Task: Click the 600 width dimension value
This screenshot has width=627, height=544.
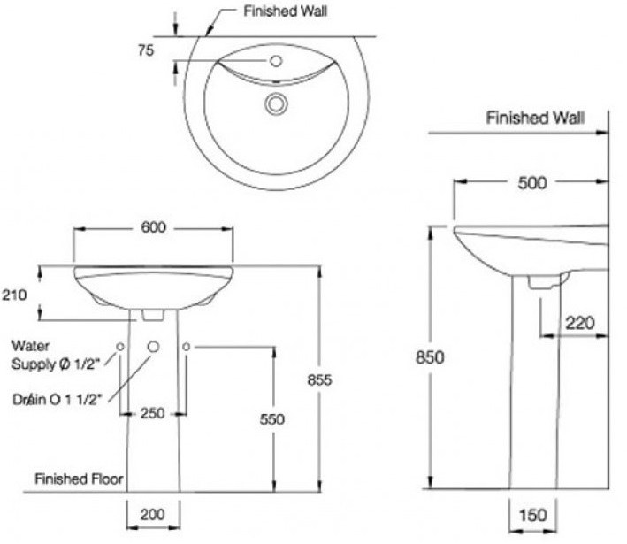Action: (x=153, y=226)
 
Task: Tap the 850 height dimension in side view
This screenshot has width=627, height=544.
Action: (x=430, y=357)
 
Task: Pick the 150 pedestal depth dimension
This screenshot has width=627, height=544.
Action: (x=532, y=513)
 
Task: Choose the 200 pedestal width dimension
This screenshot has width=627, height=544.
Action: (x=153, y=513)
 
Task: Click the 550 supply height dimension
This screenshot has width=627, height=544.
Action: (x=272, y=418)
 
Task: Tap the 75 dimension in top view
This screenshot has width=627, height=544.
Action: (x=146, y=50)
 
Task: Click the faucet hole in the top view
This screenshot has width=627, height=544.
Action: (x=276, y=61)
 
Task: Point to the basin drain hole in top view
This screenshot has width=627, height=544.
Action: (x=276, y=104)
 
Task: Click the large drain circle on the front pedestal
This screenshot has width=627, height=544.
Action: (x=153, y=347)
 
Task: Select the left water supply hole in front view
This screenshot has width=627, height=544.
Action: (x=119, y=346)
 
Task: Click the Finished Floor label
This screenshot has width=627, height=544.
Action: (x=79, y=479)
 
